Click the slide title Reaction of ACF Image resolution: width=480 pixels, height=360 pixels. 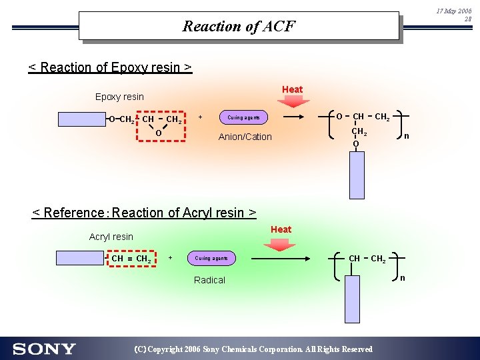[239, 27]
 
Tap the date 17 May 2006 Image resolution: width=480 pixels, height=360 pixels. [453, 11]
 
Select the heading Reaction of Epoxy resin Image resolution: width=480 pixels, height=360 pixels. [110, 67]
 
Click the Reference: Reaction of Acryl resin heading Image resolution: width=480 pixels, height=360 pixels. [145, 213]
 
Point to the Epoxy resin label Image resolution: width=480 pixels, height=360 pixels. [119, 97]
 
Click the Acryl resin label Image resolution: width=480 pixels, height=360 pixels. [111, 237]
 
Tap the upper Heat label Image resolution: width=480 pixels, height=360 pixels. [292, 89]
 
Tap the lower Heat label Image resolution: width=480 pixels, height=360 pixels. [281, 229]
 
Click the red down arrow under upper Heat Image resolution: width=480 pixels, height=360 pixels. [293, 101]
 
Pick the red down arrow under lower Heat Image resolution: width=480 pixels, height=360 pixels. [280, 243]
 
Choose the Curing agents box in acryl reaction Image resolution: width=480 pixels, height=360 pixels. [211, 258]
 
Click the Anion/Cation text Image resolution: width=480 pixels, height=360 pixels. [245, 137]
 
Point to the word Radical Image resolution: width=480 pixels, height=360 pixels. [209, 280]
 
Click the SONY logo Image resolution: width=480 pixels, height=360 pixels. [44, 349]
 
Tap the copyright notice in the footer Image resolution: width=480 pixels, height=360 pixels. [253, 349]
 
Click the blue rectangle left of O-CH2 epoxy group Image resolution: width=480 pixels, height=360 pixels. [81, 119]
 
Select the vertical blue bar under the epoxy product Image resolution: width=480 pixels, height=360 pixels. [357, 175]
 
